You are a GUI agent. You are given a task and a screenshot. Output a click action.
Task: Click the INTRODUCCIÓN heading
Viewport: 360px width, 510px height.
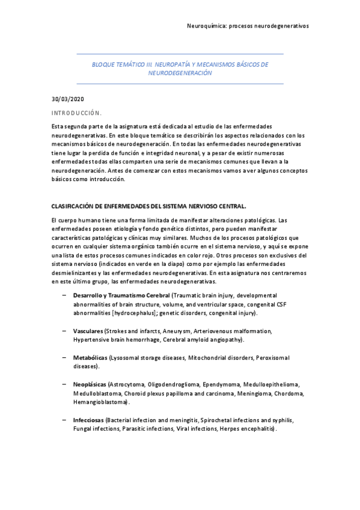(x=76, y=112)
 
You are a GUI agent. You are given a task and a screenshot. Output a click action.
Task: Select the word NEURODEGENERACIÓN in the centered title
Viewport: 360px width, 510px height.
(x=180, y=72)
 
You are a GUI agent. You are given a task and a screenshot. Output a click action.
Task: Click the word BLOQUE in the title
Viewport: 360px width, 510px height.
(x=103, y=63)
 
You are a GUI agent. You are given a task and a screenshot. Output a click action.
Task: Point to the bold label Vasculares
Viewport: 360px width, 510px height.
(x=88, y=331)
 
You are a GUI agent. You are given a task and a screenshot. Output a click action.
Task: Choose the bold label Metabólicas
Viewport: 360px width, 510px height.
(x=90, y=357)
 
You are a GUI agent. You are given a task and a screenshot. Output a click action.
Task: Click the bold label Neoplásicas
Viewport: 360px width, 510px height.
(x=90, y=384)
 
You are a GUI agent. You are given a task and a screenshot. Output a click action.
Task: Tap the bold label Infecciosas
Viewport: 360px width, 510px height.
(x=88, y=419)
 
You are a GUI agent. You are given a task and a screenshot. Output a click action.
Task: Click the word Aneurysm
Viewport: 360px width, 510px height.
(x=175, y=331)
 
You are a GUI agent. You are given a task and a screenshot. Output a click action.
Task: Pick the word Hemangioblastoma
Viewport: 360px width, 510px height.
(x=100, y=402)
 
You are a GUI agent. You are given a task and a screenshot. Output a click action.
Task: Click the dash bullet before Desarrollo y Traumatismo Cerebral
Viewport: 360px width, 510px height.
(x=64, y=295)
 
